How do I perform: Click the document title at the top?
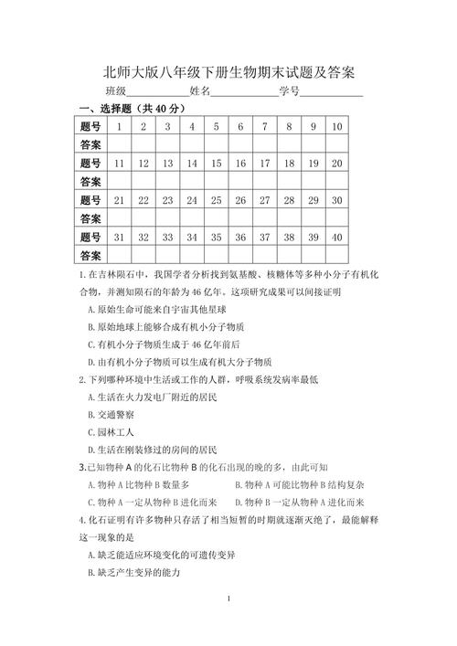(x=228, y=71)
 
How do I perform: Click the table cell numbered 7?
(x=264, y=126)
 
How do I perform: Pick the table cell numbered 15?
(x=216, y=163)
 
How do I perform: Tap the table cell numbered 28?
(x=289, y=199)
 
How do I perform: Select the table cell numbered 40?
(x=336, y=237)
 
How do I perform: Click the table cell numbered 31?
(x=119, y=237)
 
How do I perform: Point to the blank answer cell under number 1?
(x=119, y=144)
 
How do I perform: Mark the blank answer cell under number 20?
(x=336, y=181)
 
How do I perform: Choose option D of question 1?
(x=179, y=362)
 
